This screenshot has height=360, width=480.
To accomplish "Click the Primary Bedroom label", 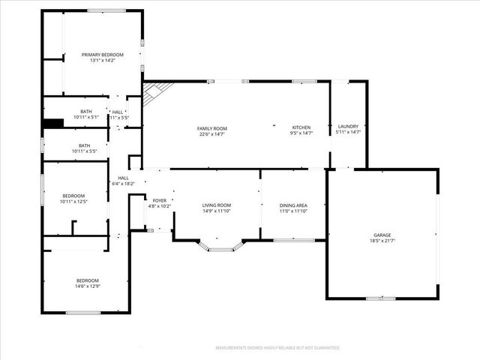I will click(x=103, y=55).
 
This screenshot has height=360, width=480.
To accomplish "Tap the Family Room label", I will click(x=211, y=128).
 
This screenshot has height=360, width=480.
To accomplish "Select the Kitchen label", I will click(x=301, y=127).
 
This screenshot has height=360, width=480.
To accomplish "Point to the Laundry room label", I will click(x=348, y=126).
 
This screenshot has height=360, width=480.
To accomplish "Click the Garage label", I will click(x=382, y=235).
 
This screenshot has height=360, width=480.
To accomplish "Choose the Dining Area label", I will click(x=293, y=205).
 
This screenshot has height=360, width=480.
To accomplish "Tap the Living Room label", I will click(x=217, y=205).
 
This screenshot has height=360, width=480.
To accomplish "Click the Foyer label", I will click(x=160, y=200).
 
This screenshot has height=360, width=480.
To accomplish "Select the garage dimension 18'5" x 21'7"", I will click(x=382, y=241).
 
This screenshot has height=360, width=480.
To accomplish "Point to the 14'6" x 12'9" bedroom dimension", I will click(x=87, y=286).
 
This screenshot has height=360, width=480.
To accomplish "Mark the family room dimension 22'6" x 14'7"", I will click(x=212, y=134).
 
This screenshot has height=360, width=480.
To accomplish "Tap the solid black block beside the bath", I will click(x=52, y=124).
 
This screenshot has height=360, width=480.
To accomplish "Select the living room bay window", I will click(x=220, y=245).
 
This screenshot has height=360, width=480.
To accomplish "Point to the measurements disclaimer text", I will click(x=277, y=348).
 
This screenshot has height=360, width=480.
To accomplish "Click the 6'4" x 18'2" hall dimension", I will click(x=122, y=184).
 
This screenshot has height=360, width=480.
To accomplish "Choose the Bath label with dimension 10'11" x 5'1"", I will click(x=85, y=112).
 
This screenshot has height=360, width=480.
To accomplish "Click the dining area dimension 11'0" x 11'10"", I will click(x=293, y=211).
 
